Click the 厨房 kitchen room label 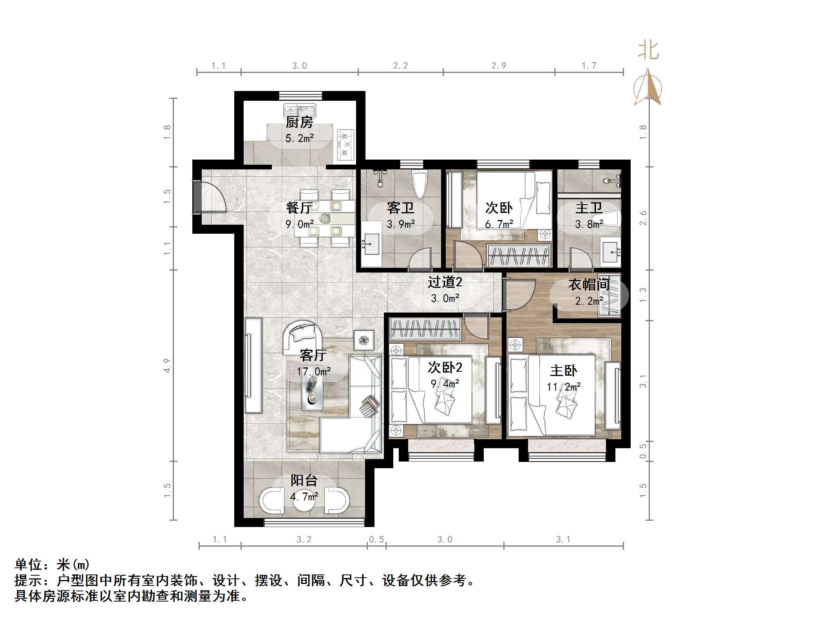coord(299,122)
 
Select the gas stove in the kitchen coord(345,145)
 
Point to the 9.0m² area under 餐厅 coord(299,224)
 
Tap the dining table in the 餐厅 coord(325,218)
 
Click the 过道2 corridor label coord(445,282)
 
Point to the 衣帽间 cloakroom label coord(589,285)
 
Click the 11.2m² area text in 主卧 coord(563,387)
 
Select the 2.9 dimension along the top coord(499,65)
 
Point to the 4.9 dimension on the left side coord(167,365)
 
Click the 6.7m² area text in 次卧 coord(499,224)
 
